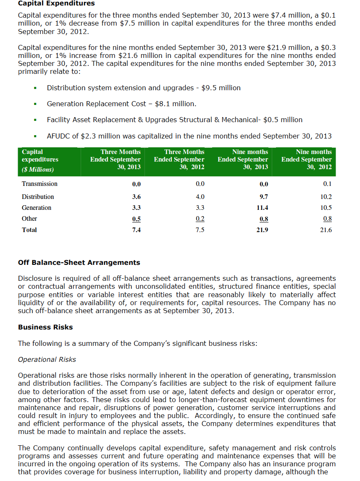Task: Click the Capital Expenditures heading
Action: click(x=56, y=3)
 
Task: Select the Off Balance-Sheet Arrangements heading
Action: click(x=79, y=263)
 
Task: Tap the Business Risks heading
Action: click(x=45, y=327)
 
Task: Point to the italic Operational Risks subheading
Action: click(x=47, y=360)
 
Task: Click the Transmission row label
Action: click(x=39, y=184)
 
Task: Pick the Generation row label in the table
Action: click(x=37, y=208)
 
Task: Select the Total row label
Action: click(x=29, y=230)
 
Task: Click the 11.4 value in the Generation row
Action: click(x=263, y=208)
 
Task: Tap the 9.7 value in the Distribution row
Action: click(x=264, y=197)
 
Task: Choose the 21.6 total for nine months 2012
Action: click(x=326, y=230)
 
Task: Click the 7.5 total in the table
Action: click(x=200, y=230)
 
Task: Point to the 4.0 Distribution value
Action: click(x=200, y=197)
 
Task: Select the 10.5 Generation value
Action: click(x=326, y=208)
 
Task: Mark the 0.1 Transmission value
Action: click(x=328, y=184)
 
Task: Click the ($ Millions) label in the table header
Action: click(x=38, y=170)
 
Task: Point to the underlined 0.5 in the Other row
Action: click(x=137, y=219)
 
